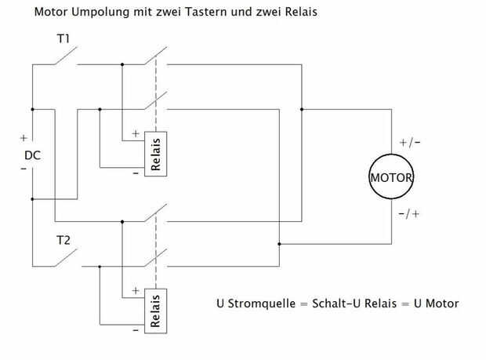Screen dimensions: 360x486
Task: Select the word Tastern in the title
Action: [x=214, y=13]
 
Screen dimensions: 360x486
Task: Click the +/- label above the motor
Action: [x=409, y=143]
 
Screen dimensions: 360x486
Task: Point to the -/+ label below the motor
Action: [x=409, y=213]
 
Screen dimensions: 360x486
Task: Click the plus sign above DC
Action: [x=24, y=139]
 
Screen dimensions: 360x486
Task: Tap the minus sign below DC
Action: [x=24, y=168]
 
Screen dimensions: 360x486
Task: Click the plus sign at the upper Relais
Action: [x=136, y=133]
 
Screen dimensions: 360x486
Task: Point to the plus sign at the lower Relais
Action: [x=136, y=291]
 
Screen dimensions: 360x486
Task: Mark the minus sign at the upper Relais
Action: [x=136, y=173]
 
